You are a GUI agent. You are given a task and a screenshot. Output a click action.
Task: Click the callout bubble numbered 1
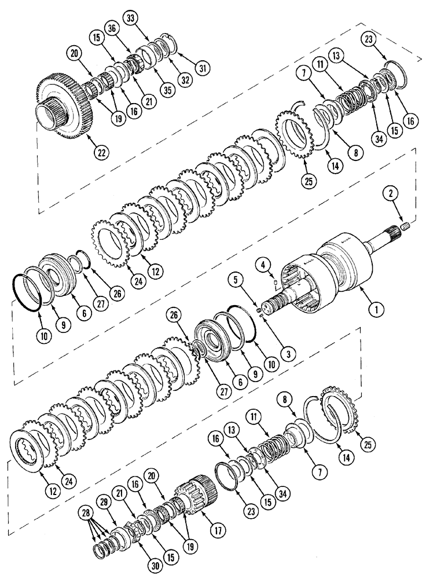point(377,310)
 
